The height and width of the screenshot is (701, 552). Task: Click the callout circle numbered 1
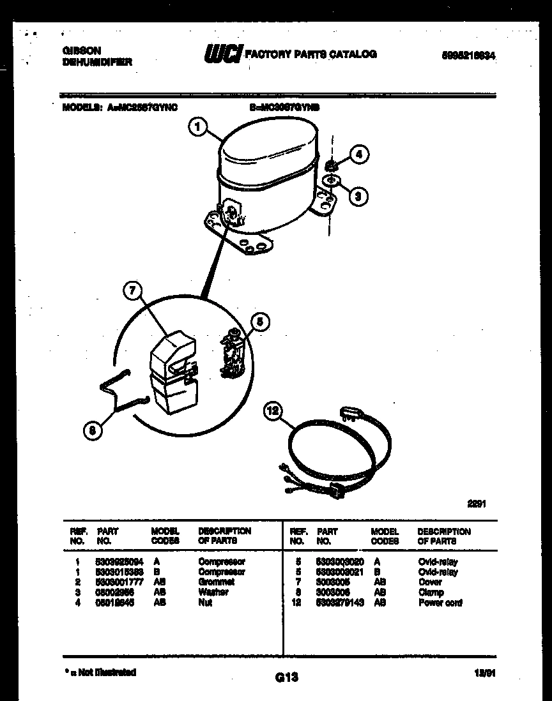click(198, 128)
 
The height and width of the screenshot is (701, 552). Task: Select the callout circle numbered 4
click(359, 154)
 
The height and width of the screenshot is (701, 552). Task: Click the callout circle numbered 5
click(259, 322)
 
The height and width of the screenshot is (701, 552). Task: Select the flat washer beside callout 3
click(331, 182)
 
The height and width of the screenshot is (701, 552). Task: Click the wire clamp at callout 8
click(121, 391)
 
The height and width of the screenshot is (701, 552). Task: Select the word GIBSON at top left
click(81, 50)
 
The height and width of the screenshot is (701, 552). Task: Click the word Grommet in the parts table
click(216, 582)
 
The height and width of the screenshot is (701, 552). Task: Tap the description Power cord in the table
click(440, 602)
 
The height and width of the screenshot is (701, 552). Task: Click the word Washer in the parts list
click(213, 592)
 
